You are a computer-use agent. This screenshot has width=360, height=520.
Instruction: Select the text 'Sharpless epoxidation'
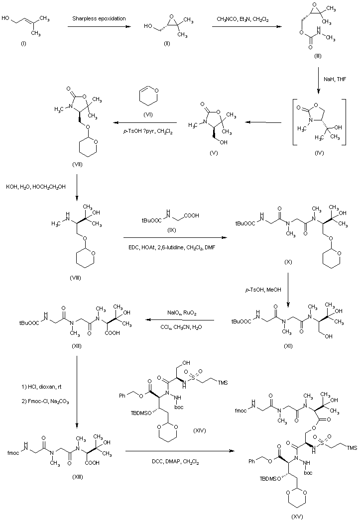[x=99, y=18]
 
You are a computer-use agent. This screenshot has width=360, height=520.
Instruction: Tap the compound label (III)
[x=318, y=56]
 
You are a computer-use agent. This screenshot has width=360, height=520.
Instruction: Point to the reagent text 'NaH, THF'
[x=335, y=79]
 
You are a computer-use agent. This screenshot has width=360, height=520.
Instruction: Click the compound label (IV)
[x=319, y=153]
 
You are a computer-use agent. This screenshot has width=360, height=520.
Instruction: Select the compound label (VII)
[x=77, y=165]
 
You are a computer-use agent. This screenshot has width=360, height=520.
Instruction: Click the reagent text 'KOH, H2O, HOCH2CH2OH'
[x=36, y=187]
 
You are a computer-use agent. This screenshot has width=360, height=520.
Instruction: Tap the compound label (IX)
[x=172, y=230]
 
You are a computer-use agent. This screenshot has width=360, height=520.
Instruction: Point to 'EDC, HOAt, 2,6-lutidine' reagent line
[x=172, y=247]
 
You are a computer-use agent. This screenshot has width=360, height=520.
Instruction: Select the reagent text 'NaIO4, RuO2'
[x=182, y=313]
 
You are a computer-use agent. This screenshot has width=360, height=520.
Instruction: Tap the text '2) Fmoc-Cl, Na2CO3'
[x=45, y=402]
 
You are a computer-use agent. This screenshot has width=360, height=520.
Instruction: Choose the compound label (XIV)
[x=199, y=430]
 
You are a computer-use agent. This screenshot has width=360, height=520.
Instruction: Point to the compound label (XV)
[x=297, y=517]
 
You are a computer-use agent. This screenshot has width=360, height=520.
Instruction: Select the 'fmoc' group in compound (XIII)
[x=13, y=453]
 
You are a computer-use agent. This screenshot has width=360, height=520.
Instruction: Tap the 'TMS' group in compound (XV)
[x=352, y=448]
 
